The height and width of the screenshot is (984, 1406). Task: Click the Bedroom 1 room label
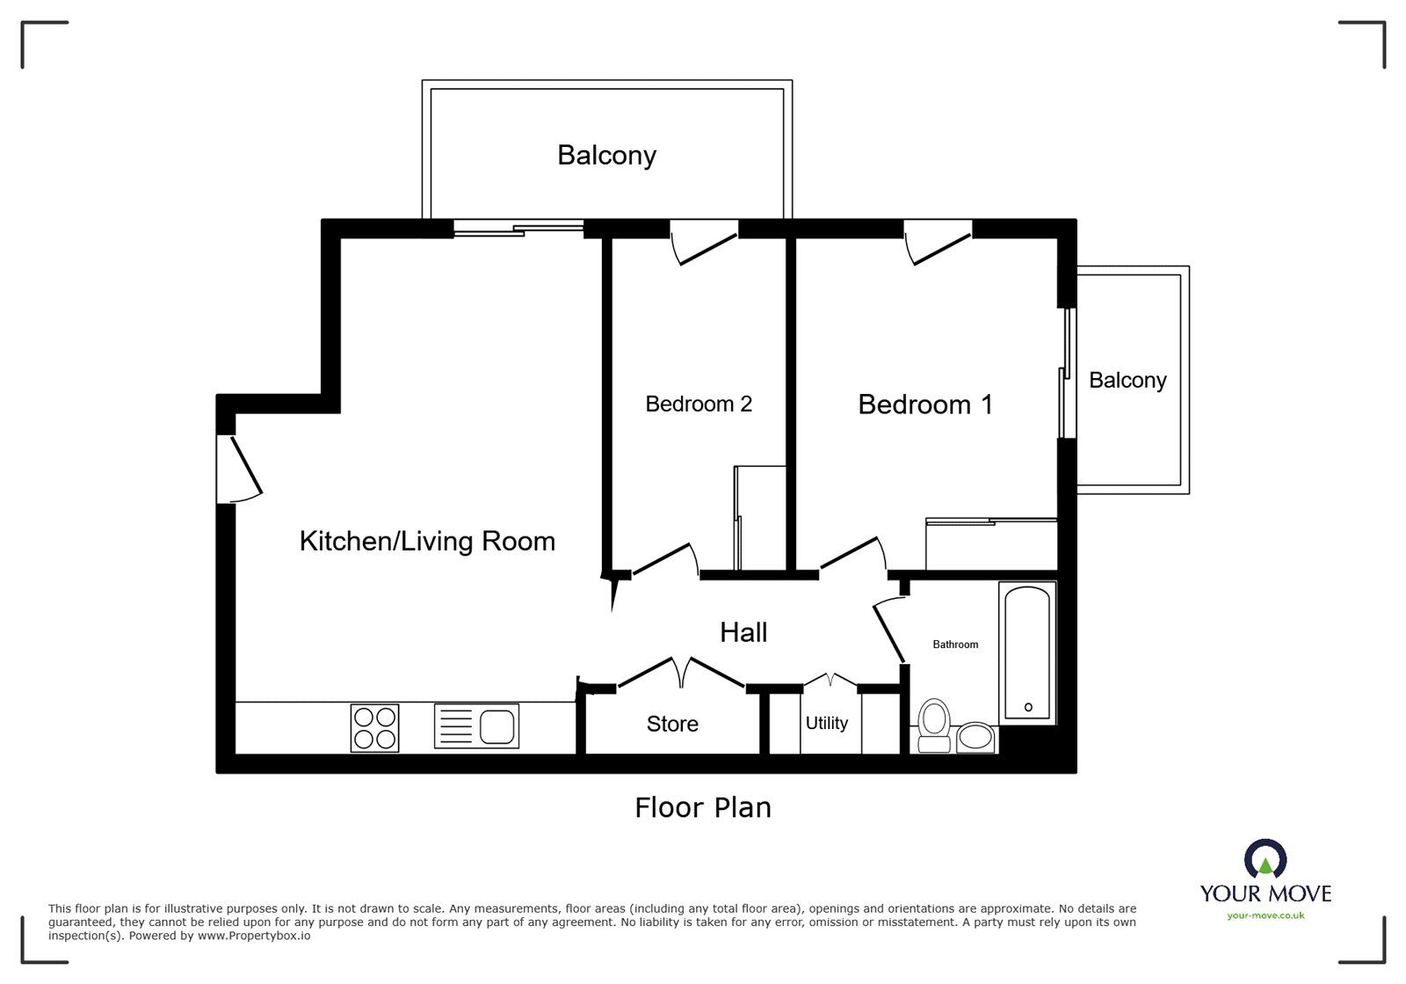pos(924,405)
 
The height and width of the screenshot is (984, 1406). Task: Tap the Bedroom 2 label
pos(699,404)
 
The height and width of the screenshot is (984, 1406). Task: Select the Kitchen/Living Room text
pos(427,541)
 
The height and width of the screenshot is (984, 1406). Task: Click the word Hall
pos(743,632)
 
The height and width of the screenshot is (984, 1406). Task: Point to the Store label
pos(672,724)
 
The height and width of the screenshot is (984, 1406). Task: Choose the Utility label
pos(827,723)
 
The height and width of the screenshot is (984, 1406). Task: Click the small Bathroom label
pos(955,645)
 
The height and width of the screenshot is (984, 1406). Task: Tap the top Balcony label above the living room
pos(606,156)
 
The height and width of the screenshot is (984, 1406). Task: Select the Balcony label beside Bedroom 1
pos(1127,380)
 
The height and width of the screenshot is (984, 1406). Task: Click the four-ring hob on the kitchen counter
pos(374,727)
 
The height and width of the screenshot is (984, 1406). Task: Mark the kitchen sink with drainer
pos(476,726)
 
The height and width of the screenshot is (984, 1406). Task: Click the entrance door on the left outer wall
pos(239,468)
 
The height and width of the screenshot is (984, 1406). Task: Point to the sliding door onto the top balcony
pos(518,229)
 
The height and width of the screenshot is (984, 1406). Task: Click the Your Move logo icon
pos(1265,859)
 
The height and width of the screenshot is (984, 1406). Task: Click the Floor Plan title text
pos(703,807)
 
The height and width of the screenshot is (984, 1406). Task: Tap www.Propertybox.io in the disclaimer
pos(254,936)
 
